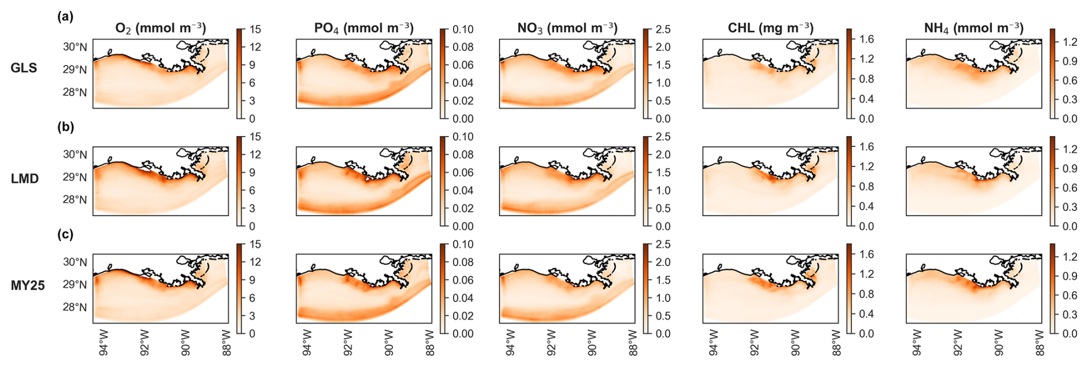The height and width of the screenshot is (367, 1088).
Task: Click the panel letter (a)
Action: (x=66, y=17)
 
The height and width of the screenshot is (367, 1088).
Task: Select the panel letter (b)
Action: (x=66, y=127)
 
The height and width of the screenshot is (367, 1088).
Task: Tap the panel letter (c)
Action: (x=66, y=234)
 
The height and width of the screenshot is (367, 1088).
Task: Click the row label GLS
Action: (x=24, y=68)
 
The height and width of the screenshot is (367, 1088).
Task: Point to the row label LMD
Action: (x=25, y=179)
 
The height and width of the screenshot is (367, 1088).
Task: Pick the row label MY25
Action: (x=28, y=285)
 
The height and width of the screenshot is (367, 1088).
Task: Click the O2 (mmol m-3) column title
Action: (x=160, y=28)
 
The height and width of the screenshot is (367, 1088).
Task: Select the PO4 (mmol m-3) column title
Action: (x=363, y=28)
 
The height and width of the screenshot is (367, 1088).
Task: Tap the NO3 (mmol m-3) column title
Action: (x=567, y=28)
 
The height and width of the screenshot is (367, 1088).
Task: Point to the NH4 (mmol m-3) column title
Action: (x=974, y=28)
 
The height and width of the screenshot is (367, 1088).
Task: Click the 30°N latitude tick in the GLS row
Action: (x=75, y=47)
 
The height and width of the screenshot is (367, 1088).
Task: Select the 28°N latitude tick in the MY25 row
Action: (x=75, y=307)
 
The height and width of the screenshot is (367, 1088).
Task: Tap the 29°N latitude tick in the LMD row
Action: (x=75, y=177)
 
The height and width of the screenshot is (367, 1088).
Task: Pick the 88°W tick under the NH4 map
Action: (x=1039, y=344)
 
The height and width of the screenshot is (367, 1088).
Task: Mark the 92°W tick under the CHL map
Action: (x=754, y=344)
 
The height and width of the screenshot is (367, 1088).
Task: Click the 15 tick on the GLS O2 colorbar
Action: (x=255, y=29)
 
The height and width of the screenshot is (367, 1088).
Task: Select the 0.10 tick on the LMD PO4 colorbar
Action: (x=463, y=137)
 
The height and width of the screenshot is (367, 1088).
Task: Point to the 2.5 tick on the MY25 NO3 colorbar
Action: (x=663, y=244)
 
